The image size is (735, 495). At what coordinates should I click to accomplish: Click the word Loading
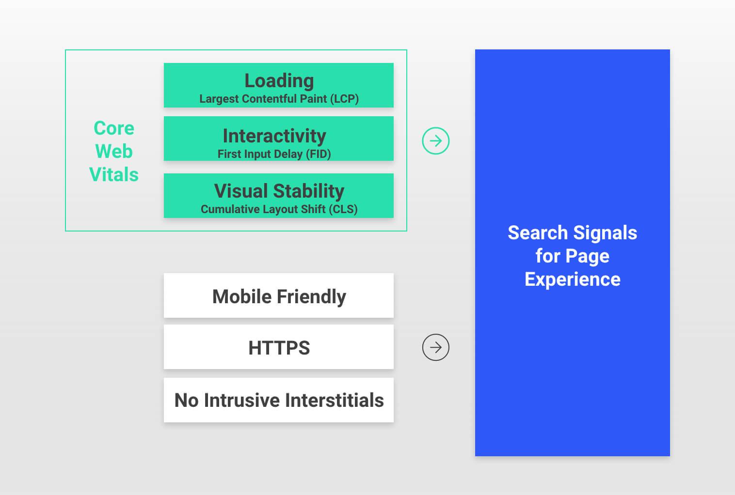tap(279, 81)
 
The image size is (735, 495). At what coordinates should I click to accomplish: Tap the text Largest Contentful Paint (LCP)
tap(279, 99)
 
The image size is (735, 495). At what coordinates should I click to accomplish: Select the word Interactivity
tap(274, 136)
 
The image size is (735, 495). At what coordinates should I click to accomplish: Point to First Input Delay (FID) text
tap(274, 154)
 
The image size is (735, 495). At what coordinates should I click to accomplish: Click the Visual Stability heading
tap(279, 191)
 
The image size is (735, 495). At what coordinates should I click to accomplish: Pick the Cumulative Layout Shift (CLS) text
tap(279, 209)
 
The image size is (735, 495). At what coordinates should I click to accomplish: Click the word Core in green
tap(114, 128)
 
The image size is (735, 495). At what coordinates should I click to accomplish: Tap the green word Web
tap(114, 151)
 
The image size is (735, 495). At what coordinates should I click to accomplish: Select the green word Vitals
tap(114, 174)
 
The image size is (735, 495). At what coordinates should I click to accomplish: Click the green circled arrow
tap(435, 141)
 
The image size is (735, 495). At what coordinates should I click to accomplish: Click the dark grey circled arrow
tap(435, 347)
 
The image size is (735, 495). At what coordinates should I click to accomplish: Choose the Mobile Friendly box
tap(279, 295)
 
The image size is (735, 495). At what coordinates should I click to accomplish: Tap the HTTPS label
tap(279, 348)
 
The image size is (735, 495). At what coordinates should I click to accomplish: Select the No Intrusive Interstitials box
tap(279, 400)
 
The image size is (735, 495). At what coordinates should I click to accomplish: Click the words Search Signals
tap(572, 233)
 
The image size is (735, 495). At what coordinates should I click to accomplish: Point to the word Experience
tap(572, 279)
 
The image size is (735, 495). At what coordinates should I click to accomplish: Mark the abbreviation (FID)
tap(318, 154)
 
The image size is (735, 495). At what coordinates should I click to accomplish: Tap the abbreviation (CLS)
tap(343, 209)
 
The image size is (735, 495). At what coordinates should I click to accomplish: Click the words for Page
tap(572, 256)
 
